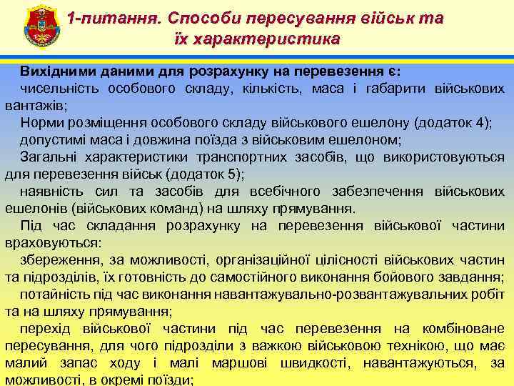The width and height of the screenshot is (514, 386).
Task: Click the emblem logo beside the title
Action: click(x=35, y=27)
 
